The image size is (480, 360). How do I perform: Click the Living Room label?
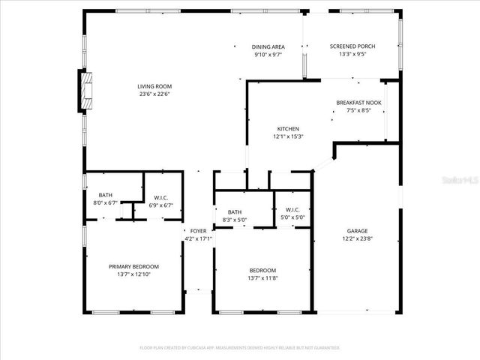(x=154, y=86)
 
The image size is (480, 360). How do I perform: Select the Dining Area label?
(x=268, y=46)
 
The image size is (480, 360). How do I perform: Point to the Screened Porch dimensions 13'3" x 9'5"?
(x=352, y=54)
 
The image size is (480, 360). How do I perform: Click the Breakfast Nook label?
(x=358, y=102)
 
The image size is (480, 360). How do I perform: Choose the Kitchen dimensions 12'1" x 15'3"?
(x=288, y=136)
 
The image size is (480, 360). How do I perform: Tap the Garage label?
(x=357, y=231)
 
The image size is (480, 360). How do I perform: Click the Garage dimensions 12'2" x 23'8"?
(x=357, y=239)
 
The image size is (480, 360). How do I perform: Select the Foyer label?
(x=198, y=231)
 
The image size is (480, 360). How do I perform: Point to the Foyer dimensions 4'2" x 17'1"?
(x=198, y=239)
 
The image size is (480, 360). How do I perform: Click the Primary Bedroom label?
(x=133, y=266)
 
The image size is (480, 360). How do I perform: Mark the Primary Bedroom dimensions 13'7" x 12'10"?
(x=133, y=274)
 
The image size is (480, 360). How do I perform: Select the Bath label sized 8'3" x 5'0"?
(x=235, y=211)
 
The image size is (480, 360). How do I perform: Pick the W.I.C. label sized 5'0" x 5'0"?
(x=292, y=210)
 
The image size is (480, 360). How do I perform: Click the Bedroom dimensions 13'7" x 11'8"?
(x=262, y=278)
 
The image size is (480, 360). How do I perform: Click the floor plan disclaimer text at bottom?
(x=239, y=348)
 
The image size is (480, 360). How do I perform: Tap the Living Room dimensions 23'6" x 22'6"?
(x=154, y=94)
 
